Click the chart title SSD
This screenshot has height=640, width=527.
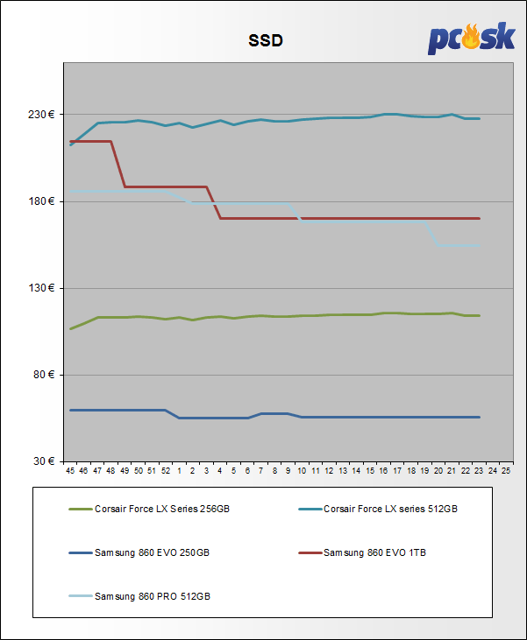[x=263, y=41]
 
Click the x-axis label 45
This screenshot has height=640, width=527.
[x=70, y=470]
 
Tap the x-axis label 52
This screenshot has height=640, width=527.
[x=166, y=470]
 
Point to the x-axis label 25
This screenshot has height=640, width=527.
[x=506, y=470]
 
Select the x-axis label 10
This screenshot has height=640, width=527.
[x=302, y=470]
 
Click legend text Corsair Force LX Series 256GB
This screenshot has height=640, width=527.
[x=162, y=509]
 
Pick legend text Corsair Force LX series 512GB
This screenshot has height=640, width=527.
[x=390, y=509]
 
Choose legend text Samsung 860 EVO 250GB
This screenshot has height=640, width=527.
[x=152, y=552]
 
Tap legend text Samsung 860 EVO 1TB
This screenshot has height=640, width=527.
[x=374, y=552]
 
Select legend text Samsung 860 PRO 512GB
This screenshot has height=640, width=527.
[x=153, y=596]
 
